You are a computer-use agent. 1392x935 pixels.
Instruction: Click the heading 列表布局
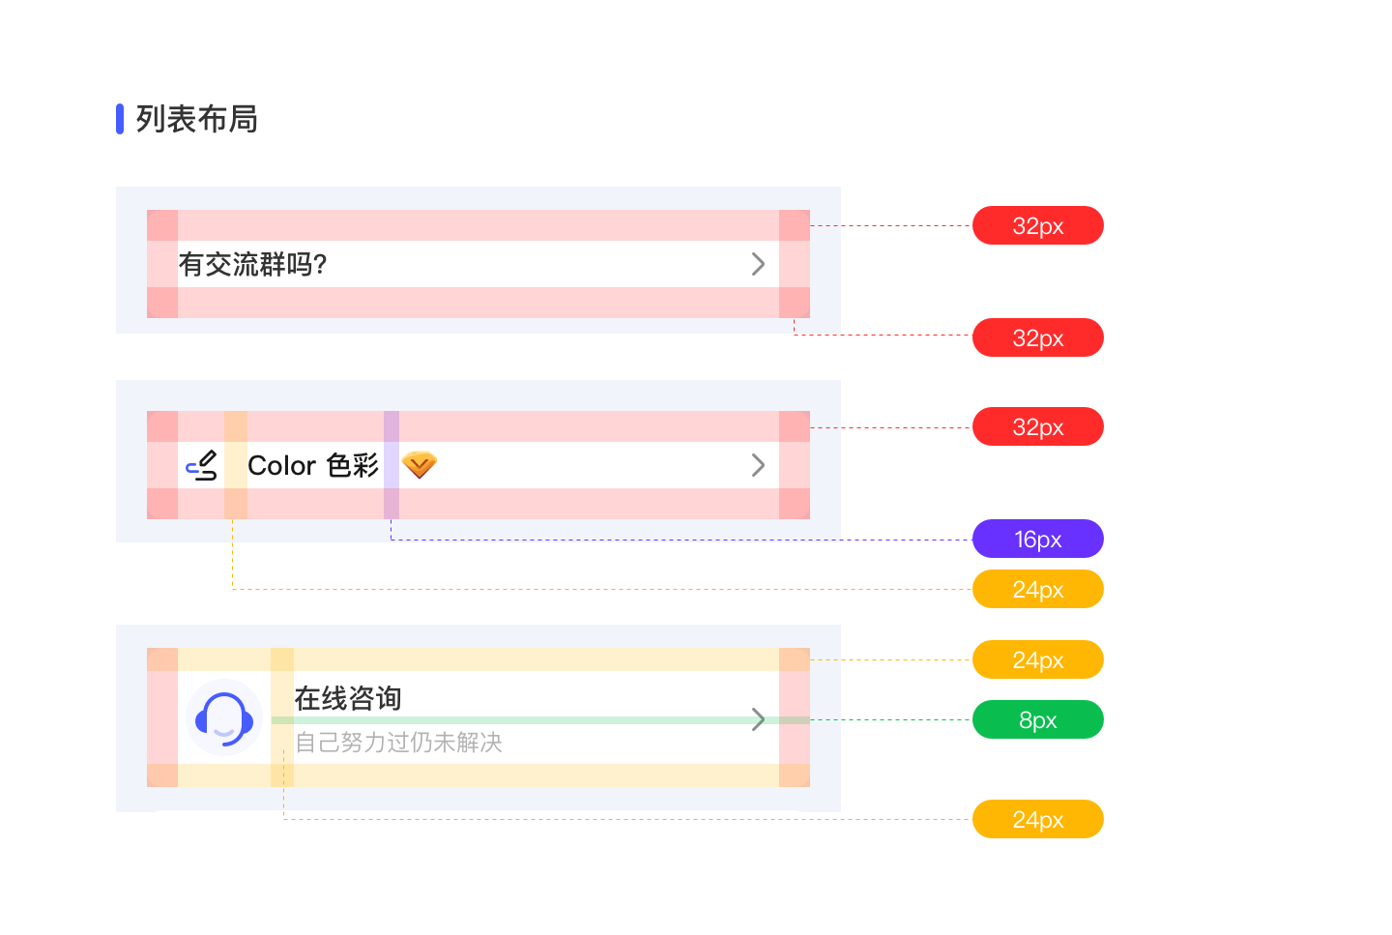196,119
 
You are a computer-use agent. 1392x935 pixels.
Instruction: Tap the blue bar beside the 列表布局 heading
120,119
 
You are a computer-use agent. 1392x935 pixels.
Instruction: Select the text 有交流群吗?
253,264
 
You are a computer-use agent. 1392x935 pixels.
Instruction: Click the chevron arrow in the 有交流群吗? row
759,264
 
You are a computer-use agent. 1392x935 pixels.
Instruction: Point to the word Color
281,465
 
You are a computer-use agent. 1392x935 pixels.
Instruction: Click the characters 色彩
353,465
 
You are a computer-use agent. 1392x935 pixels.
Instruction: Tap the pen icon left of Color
202,466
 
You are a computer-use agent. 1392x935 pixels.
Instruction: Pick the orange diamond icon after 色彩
419,465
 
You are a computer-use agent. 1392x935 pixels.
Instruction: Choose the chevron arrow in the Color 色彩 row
759,465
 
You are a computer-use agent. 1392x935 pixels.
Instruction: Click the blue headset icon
224,717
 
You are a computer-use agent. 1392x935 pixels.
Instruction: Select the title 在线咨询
347,698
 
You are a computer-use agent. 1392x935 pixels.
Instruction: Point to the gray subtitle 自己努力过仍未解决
398,743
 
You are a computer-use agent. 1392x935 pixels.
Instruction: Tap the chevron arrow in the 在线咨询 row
759,719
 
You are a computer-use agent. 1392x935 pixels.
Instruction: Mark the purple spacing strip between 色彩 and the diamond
391,465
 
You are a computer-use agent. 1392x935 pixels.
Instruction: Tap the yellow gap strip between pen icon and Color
236,465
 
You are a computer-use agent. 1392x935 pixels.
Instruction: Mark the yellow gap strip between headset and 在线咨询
282,717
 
